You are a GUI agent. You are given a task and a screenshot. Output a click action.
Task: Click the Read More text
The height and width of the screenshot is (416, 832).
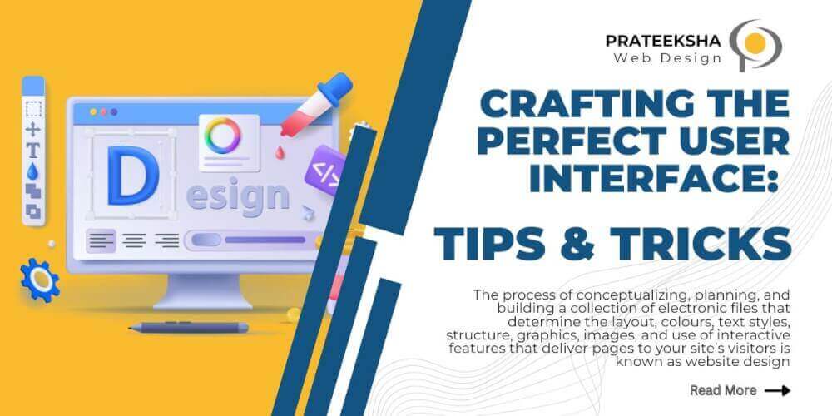(x=723, y=389)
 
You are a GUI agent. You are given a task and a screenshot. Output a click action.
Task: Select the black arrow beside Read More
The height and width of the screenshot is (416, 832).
(x=777, y=389)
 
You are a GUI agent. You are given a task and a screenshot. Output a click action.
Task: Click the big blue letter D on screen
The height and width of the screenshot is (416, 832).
(x=130, y=176)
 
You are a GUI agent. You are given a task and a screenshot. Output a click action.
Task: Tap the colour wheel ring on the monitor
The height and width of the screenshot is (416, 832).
(x=223, y=134)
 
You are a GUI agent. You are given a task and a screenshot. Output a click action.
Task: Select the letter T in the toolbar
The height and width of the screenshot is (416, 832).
(x=33, y=150)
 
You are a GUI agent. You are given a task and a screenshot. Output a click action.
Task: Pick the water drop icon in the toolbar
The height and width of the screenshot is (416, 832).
(x=33, y=171)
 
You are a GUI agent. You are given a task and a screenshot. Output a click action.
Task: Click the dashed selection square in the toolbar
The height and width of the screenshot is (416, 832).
(x=33, y=109)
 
